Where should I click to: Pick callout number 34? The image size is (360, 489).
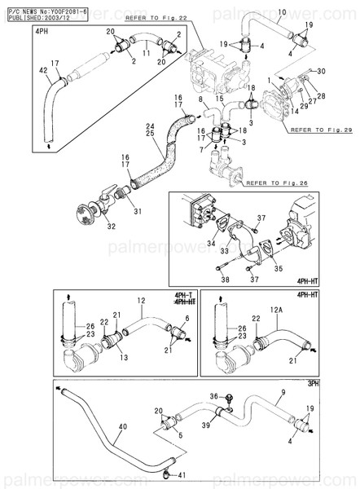pos(211,242)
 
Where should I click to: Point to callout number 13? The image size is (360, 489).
pos(112,357)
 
